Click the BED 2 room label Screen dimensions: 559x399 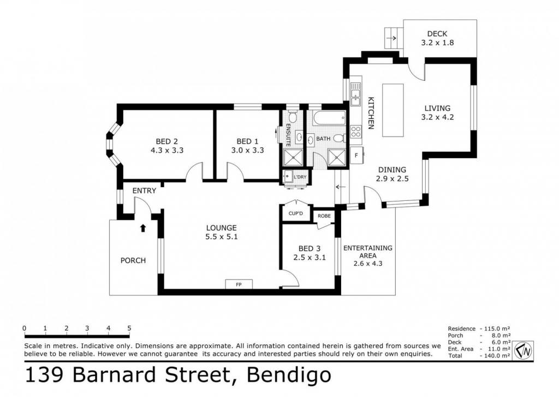click(x=167, y=141)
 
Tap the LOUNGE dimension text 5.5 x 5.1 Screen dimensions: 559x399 click(x=222, y=236)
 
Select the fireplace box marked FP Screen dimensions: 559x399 click(x=239, y=284)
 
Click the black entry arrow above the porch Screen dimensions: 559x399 click(x=143, y=228)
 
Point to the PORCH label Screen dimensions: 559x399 click(x=133, y=261)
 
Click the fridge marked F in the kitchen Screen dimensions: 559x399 click(x=356, y=156)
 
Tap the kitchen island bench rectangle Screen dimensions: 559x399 click(x=393, y=110)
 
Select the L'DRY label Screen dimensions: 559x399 click(x=300, y=177)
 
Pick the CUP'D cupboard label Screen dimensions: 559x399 click(x=295, y=213)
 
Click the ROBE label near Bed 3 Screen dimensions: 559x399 click(x=324, y=216)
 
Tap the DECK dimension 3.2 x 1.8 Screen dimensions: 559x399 click(x=437, y=43)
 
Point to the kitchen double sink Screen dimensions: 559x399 click(x=355, y=94)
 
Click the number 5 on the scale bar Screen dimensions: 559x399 click(x=129, y=328)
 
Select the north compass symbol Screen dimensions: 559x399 click(x=524, y=351)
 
